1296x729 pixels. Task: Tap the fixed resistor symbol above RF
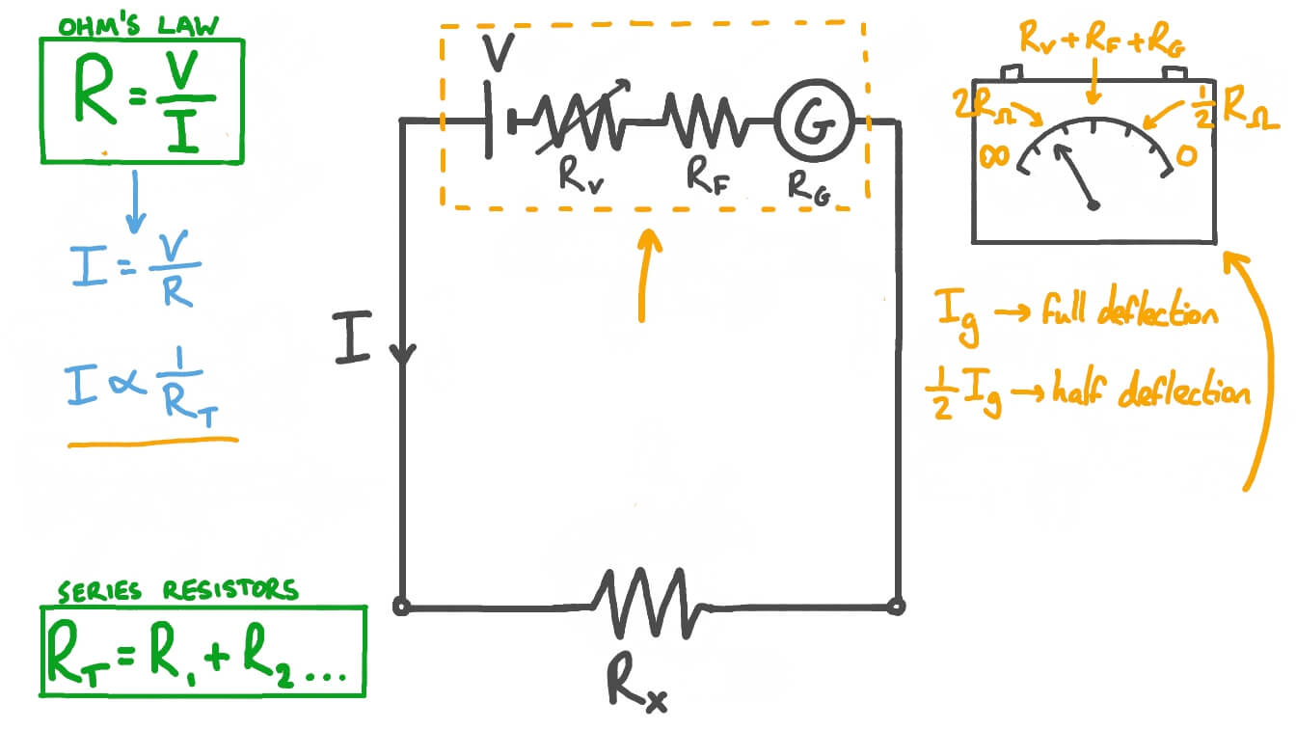(x=702, y=121)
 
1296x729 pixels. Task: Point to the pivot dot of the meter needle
(x=1093, y=204)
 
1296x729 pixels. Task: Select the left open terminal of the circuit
(x=402, y=607)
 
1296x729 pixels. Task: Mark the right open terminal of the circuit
(x=897, y=607)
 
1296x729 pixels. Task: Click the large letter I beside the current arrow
(x=353, y=339)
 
